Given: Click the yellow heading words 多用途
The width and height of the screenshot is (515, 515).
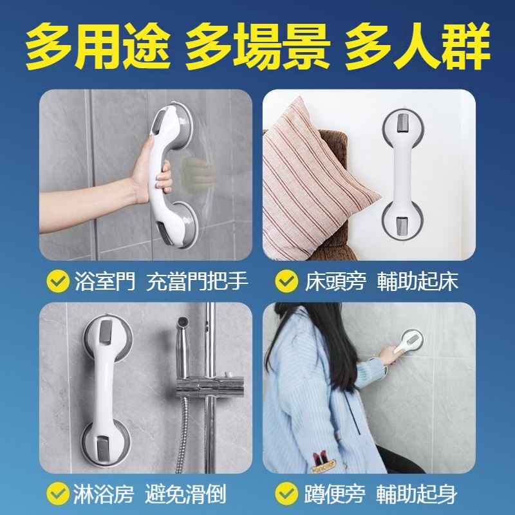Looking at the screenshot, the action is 98,46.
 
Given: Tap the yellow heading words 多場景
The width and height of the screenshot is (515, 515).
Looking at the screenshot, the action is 258,46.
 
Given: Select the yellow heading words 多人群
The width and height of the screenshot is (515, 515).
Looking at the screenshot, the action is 417,46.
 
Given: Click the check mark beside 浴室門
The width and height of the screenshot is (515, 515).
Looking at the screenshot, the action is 58,281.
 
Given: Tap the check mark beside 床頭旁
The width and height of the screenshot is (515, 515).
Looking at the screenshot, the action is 286,281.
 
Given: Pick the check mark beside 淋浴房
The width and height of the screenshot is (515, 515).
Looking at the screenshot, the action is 58,493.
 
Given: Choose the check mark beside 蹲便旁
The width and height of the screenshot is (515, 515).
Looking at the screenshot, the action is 286,493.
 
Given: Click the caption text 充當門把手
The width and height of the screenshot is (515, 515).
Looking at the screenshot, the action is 197,281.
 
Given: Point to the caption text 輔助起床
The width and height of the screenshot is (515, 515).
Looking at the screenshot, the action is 417,281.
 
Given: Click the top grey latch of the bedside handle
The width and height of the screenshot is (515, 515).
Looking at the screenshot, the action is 403,123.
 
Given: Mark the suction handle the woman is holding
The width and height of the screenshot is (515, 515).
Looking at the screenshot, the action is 408,342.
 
